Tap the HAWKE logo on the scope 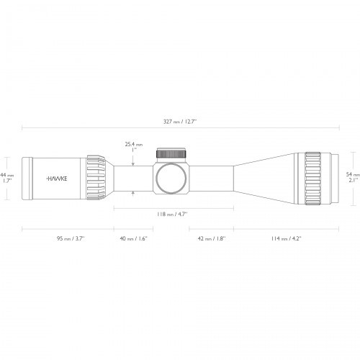click(57, 177)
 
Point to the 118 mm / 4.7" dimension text click(172, 214)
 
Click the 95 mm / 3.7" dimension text click(67, 238)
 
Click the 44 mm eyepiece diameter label click(6, 175)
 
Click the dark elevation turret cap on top click(171, 153)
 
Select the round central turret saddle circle click(171, 177)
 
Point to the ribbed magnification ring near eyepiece click(96, 177)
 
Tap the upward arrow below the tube click(135, 192)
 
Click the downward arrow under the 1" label click(135, 162)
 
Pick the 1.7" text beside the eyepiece click(6, 181)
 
